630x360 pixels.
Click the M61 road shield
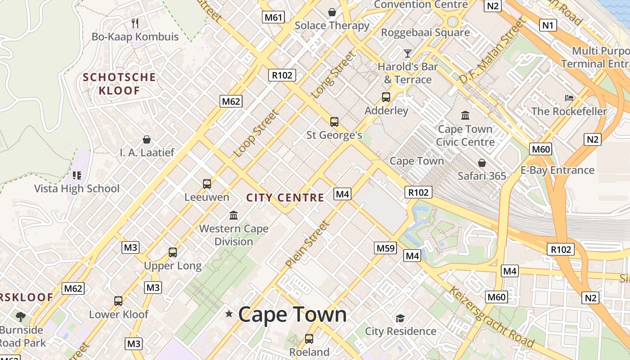(x=274, y=18)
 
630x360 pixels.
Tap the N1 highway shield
(x=547, y=25)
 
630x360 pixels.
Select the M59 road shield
(x=385, y=248)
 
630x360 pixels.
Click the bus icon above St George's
(x=334, y=121)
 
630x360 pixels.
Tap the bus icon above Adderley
(x=386, y=97)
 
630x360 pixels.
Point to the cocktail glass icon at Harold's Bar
(x=407, y=54)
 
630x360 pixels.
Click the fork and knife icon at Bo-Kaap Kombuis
(x=135, y=23)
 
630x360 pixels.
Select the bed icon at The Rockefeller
(x=569, y=98)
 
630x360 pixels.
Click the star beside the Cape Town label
(x=229, y=314)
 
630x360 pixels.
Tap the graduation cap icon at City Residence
(x=400, y=319)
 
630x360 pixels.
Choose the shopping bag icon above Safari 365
(x=482, y=162)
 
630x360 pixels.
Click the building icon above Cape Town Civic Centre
(x=465, y=116)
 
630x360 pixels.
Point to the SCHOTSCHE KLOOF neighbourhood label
(x=119, y=84)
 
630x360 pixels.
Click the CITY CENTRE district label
(x=285, y=198)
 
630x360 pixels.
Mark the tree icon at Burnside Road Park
(x=20, y=316)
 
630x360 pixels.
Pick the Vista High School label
(x=77, y=189)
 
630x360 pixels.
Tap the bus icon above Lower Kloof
(x=118, y=301)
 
